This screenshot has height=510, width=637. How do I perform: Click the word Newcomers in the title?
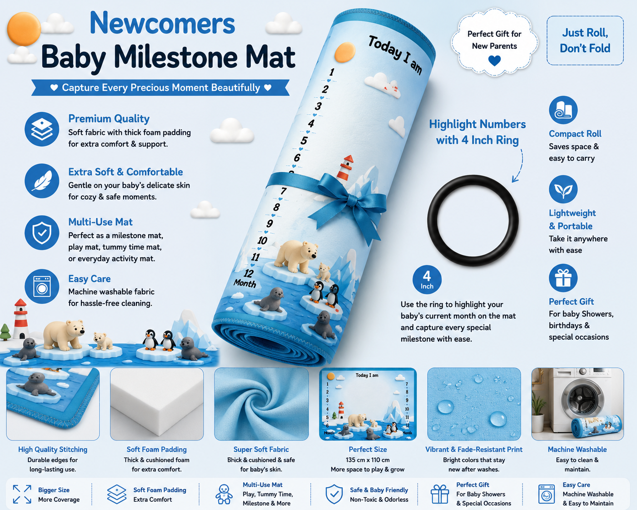tap(162, 23)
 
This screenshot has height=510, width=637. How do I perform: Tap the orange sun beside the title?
tap(24, 29)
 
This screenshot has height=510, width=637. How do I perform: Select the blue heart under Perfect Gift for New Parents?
tap(494, 60)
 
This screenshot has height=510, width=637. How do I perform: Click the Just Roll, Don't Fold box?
tap(585, 40)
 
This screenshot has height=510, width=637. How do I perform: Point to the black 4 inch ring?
tap(433, 220)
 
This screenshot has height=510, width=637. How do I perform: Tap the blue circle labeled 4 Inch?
tap(427, 280)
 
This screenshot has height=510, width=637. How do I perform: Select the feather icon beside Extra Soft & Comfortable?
tap(42, 181)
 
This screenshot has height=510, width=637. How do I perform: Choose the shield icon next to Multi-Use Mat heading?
tap(42, 232)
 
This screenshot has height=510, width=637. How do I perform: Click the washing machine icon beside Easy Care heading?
tap(42, 286)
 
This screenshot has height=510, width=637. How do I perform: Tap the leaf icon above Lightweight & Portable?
tap(563, 189)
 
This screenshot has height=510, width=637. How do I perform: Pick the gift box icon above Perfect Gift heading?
tap(563, 278)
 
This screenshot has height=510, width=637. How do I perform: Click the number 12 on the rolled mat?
tap(249, 273)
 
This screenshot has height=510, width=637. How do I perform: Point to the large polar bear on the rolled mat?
tap(296, 256)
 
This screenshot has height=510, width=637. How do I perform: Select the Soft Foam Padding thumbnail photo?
tap(157, 404)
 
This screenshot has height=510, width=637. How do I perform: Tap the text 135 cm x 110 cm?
tap(368, 460)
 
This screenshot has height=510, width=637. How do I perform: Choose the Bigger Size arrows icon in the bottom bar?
tap(22, 494)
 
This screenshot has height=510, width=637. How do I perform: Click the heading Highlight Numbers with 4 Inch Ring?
tap(478, 132)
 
